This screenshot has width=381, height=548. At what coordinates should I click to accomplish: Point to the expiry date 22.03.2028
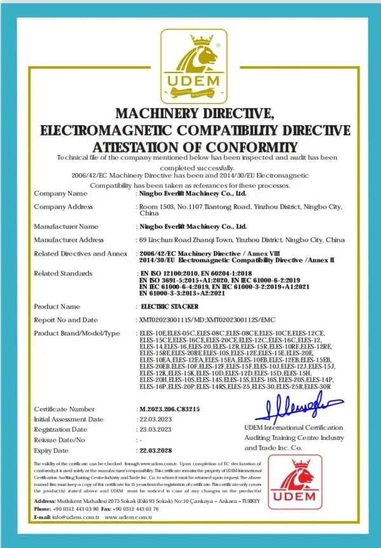pyautogui.click(x=156, y=449)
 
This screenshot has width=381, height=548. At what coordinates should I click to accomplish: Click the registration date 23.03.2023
pyautogui.click(x=156, y=429)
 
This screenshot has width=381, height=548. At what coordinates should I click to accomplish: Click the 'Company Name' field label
pyautogui.click(x=60, y=193)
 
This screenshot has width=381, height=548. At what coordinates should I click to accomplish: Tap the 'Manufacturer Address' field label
pyautogui.click(x=69, y=240)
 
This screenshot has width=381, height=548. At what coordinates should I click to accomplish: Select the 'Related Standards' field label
pyautogui.click(x=62, y=273)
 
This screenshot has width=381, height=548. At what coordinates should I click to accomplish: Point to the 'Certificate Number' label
pyautogui.click(x=64, y=409)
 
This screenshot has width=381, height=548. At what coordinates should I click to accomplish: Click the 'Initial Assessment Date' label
pyautogui.click(x=69, y=419)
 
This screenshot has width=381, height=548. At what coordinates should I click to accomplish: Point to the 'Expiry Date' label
pyautogui.click(x=52, y=449)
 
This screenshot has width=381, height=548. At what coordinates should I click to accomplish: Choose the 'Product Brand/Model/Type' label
pyautogui.click(x=77, y=333)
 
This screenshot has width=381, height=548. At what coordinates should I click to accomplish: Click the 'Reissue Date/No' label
pyautogui.click(x=59, y=439)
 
